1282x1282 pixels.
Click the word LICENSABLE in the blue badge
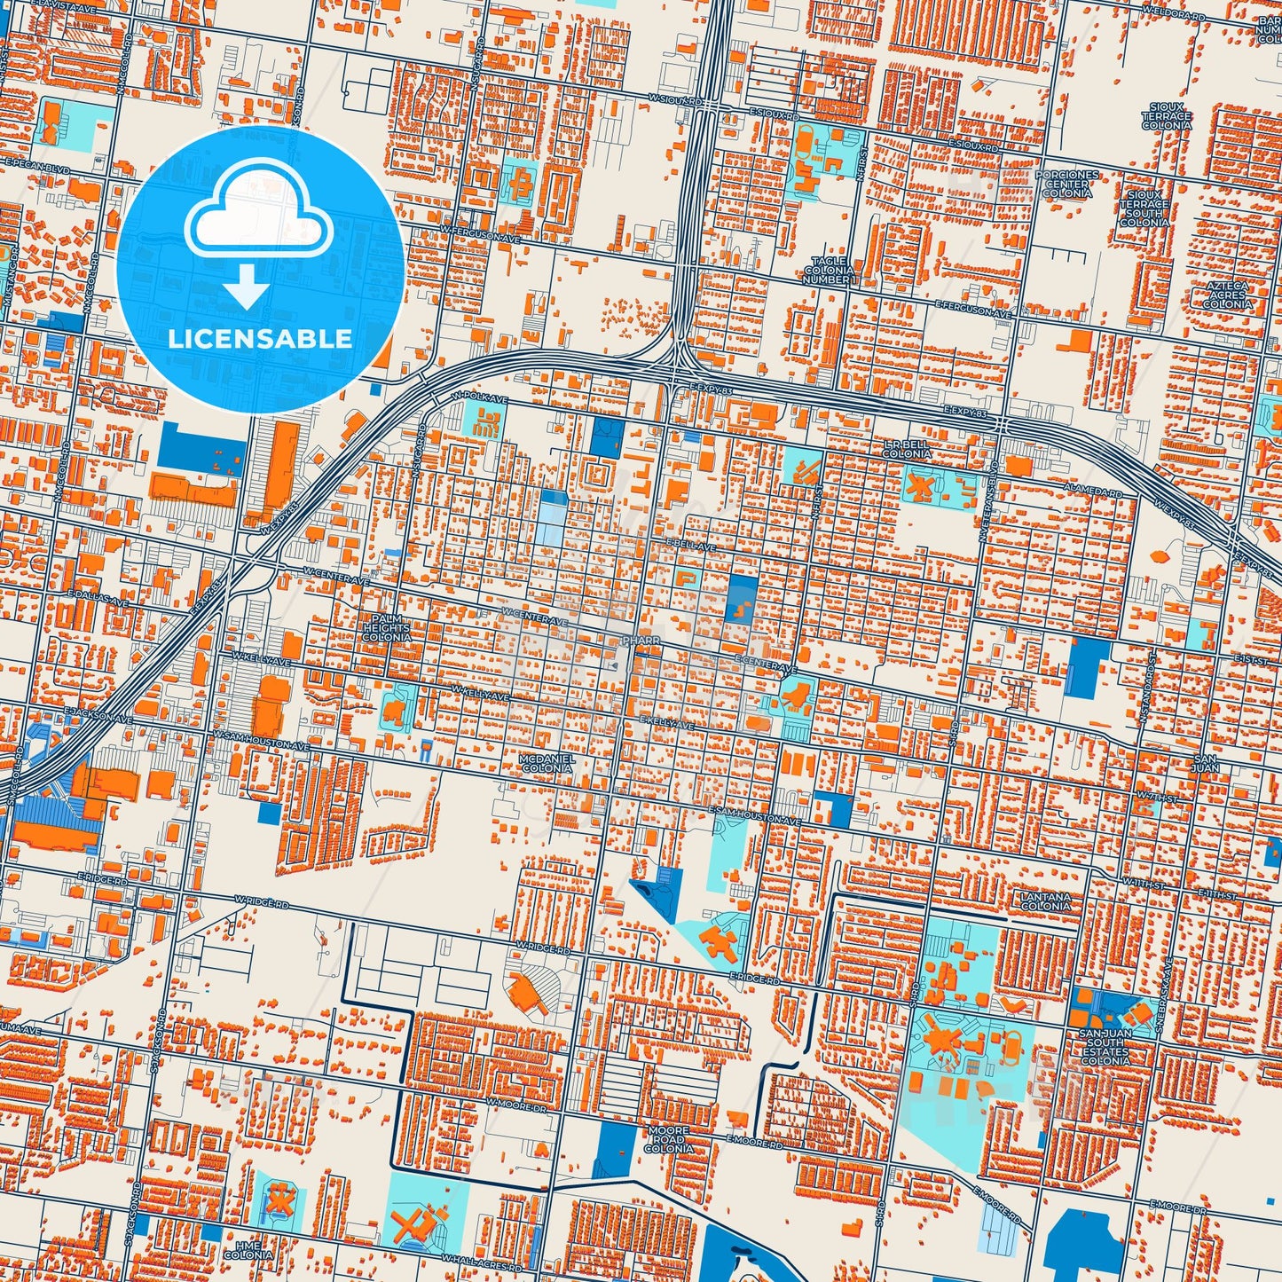tap(260, 338)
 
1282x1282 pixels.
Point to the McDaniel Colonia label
tap(547, 763)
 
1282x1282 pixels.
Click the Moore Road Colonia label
tap(668, 1139)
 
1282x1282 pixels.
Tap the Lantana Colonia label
tap(1046, 901)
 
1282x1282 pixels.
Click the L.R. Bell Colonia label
tap(907, 448)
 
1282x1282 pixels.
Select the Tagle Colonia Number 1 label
tap(830, 270)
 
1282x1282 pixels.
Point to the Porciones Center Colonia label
tap(1067, 184)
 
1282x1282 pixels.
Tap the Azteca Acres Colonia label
tap(1227, 295)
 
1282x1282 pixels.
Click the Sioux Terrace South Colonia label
tap(1144, 206)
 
